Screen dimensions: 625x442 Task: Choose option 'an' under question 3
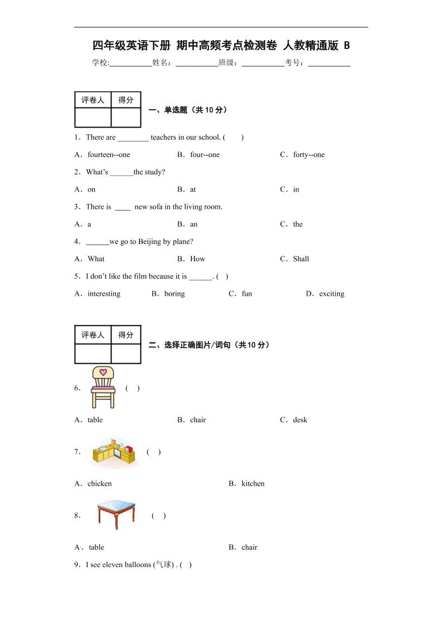[x=193, y=224]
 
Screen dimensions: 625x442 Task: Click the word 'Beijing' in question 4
[x=144, y=242]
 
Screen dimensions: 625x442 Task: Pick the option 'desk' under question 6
[x=300, y=420]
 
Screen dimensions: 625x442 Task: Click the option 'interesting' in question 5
[x=104, y=294]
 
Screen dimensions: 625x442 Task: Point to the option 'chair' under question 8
[x=249, y=548]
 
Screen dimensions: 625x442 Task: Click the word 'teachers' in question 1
[x=163, y=138]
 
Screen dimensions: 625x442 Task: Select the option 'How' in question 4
[x=197, y=259]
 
